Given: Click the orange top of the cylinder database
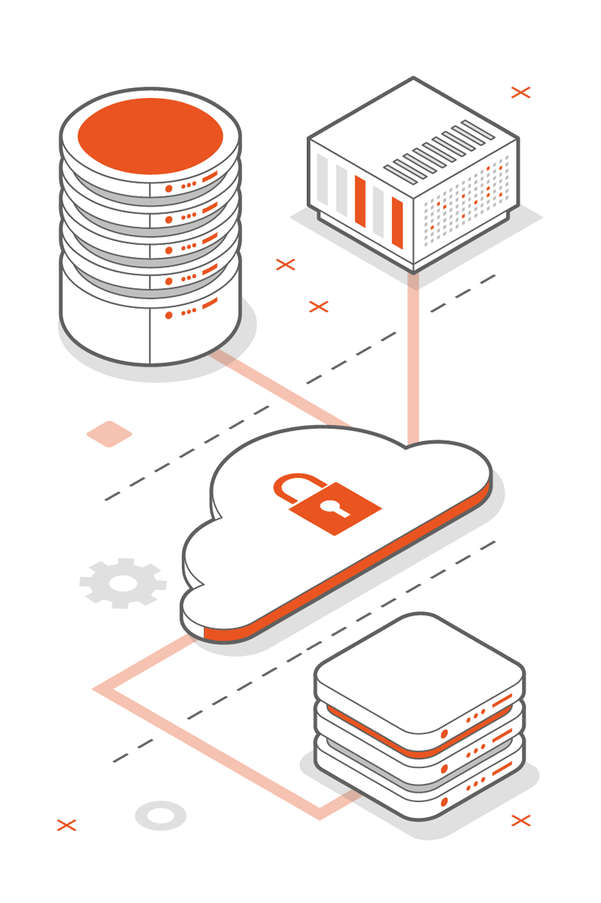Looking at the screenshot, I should pos(150,134).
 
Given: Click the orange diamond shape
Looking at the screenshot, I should pos(109,433).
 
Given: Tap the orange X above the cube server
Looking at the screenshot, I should pos(521,92).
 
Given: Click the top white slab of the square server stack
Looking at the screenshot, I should pos(419,674).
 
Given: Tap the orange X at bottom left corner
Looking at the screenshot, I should pos(66,825).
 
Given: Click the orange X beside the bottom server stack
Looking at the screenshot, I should pos(521,820).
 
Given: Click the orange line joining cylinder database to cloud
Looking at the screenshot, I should pos(282,388).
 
